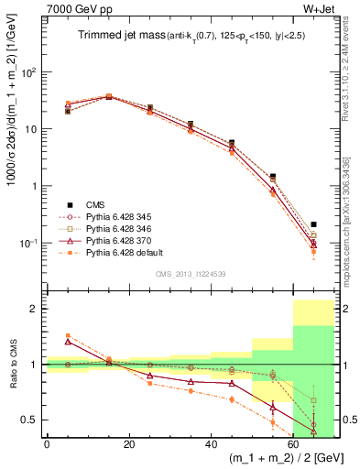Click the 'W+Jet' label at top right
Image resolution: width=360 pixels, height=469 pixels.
(x=322, y=12)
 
